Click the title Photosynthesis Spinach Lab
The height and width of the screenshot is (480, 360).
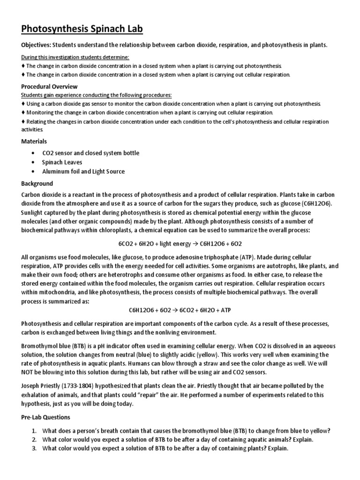(82, 29)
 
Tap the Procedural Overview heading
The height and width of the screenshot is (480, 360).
(49, 87)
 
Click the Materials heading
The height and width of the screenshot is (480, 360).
(34, 142)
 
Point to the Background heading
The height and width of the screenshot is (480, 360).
(37, 183)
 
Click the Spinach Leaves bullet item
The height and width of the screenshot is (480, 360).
(62, 162)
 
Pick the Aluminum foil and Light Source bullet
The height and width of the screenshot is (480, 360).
(83, 172)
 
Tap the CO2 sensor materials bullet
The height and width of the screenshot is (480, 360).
(90, 153)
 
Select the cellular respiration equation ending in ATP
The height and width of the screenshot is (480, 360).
(180, 310)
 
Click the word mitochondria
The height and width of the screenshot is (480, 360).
(57, 292)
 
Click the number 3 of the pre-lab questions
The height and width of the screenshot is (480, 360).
(34, 449)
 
